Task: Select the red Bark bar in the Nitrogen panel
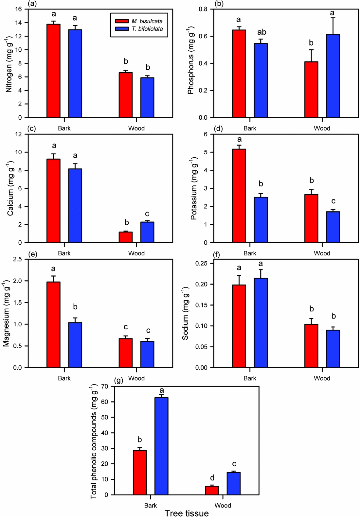coord(53,71)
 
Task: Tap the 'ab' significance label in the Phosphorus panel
coord(261,32)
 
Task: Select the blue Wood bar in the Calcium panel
coord(147,232)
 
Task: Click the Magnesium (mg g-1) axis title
coord(6,313)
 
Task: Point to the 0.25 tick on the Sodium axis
coord(201,264)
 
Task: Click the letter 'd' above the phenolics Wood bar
coord(212,478)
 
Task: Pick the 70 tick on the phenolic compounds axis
coord(104,386)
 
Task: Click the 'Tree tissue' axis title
coord(187,513)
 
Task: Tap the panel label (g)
coord(118,380)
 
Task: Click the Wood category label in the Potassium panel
coord(322,253)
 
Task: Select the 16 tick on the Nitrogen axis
coord(18,9)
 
